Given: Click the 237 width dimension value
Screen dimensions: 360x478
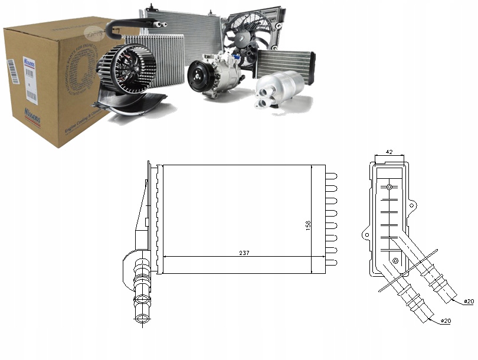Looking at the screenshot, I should [244, 253].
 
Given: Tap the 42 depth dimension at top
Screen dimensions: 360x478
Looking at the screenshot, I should [389, 152].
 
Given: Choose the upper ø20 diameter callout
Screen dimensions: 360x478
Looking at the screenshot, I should [468, 302].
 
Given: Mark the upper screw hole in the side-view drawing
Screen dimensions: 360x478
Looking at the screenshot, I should [389, 188].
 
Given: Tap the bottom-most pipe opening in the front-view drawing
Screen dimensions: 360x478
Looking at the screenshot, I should [142, 318].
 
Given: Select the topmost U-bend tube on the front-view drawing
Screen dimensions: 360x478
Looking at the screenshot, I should [331, 176].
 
